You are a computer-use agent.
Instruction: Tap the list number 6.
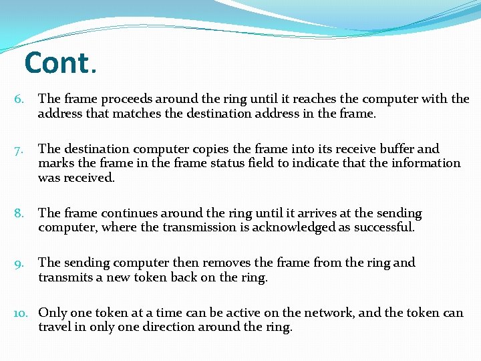19,100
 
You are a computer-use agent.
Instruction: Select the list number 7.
19,149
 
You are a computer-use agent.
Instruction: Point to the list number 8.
19,213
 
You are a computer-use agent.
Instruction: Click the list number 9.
19,263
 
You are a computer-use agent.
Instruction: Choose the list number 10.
21,313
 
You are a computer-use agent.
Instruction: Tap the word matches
136,114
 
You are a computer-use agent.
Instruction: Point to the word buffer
397,149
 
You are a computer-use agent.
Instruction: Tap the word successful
383,227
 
